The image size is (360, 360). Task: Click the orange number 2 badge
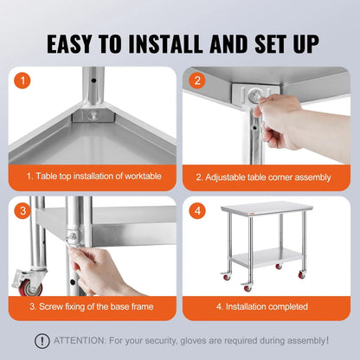[196, 81]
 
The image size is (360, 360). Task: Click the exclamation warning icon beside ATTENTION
[41, 340]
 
